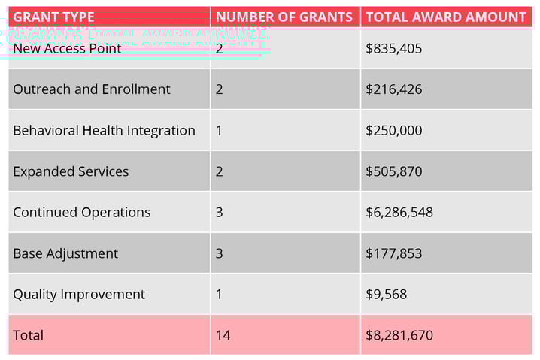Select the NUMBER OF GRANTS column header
[284, 17]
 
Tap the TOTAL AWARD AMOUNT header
[446, 17]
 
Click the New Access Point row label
[67, 49]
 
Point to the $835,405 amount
[393, 49]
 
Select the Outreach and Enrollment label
[91, 89]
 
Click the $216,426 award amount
[393, 89]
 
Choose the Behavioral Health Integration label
[104, 131]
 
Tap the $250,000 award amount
[393, 131]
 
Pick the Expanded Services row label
[71, 171]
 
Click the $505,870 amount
[393, 171]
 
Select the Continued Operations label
[81, 213]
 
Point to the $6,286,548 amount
[399, 213]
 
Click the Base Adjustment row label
[65, 254]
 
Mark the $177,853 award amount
[393, 254]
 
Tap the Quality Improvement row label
[79, 295]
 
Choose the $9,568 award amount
[386, 295]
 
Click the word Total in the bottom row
[28, 335]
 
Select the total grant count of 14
[223, 335]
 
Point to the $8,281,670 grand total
[399, 335]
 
